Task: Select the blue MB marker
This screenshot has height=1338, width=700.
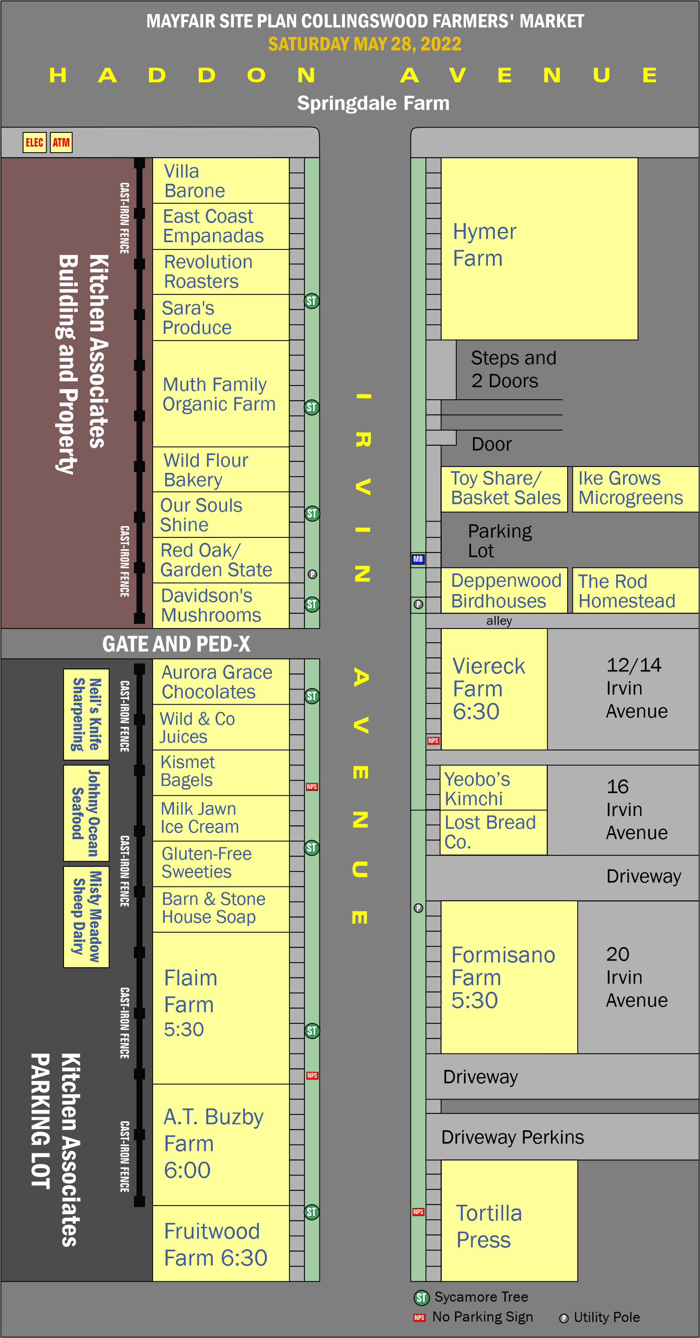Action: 418,559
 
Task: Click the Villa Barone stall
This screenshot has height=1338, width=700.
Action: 221,181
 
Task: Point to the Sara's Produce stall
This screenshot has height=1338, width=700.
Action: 221,318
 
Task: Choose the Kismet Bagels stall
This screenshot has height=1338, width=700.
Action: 221,772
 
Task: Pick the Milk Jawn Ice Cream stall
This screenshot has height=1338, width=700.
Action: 221,818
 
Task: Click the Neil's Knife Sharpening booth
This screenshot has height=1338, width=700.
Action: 86,715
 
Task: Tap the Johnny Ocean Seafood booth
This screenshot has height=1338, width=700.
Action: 86,813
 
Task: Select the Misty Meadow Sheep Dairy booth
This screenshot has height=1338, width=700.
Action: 86,917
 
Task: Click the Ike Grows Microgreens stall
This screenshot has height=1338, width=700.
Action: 635,489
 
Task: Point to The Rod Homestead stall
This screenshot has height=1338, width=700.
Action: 635,590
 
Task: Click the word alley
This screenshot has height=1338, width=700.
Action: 499,621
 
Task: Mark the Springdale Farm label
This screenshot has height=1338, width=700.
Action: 373,103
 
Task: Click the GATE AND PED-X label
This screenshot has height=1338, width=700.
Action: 176,644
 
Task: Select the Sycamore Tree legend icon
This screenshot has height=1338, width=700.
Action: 421,1298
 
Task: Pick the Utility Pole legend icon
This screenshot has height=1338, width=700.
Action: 564,1318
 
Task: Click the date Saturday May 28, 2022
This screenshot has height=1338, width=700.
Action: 364,44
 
